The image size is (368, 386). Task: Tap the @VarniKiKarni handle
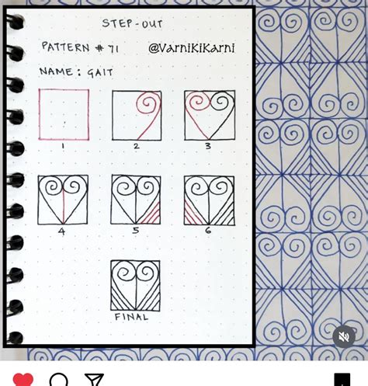[191, 48]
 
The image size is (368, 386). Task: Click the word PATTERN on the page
[66, 47]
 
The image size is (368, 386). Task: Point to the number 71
[113, 48]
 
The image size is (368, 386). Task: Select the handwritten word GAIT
[100, 72]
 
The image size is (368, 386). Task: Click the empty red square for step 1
[64, 114]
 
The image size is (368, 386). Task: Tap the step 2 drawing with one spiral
[137, 115]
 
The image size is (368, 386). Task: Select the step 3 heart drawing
[210, 115]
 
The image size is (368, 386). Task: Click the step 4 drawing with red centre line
[63, 200]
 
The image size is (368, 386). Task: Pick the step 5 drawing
[136, 200]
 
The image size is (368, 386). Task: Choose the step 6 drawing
[209, 200]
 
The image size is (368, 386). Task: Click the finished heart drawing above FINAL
[135, 285]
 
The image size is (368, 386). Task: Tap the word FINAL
[131, 317]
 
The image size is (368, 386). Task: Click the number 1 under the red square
[63, 145]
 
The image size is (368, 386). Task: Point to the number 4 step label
[61, 231]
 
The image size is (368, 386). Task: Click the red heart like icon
[23, 379]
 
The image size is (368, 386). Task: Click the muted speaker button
[344, 336]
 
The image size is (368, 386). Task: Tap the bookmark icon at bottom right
[342, 380]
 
